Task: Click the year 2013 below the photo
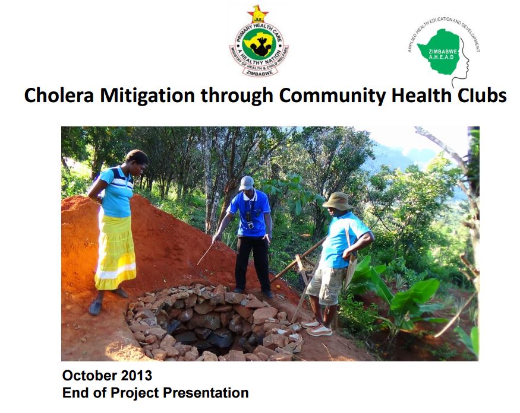coord(136,376)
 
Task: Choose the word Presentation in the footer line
coord(206,393)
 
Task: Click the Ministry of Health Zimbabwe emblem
coord(259,42)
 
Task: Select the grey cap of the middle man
coord(247,183)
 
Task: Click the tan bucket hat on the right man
coord(338,201)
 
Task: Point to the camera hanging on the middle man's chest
coord(250,224)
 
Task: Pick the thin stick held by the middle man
coord(206,253)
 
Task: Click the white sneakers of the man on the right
coord(317,328)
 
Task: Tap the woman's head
coord(137,161)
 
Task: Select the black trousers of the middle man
coord(253,262)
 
